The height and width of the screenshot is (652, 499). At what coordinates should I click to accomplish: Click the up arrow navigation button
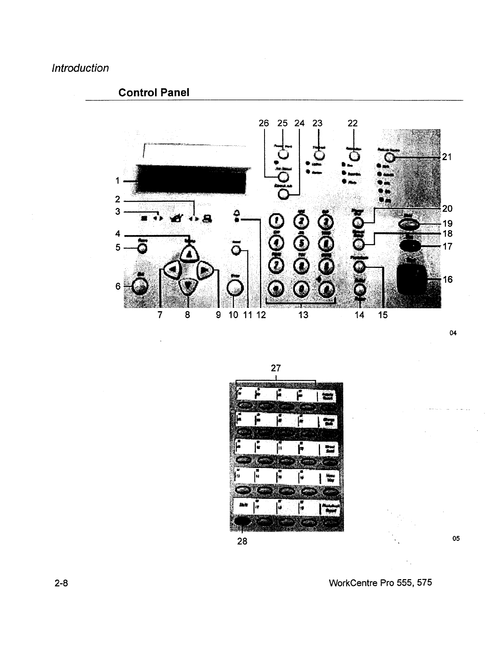189,254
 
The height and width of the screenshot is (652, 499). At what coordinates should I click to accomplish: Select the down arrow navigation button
188,285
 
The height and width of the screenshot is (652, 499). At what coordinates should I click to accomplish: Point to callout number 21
447,157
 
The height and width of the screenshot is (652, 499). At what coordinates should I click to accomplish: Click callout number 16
447,279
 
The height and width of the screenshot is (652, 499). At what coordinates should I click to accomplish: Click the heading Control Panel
154,92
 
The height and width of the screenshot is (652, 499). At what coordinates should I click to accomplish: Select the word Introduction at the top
80,68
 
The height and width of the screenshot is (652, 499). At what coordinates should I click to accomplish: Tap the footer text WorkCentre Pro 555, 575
381,583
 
